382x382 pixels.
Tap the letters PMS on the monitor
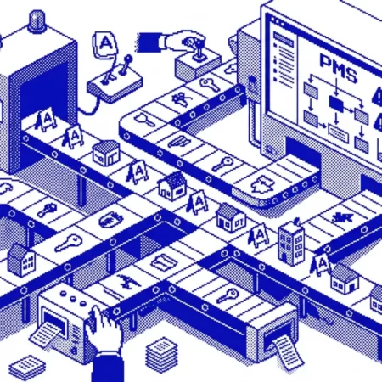pyautogui.click(x=339, y=68)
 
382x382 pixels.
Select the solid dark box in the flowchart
pyautogui.click(x=336, y=104)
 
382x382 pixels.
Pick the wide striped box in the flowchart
pyautogui.click(x=338, y=133)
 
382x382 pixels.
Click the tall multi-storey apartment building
pyautogui.click(x=291, y=243)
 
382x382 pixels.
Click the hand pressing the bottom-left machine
pyautogui.click(x=104, y=329)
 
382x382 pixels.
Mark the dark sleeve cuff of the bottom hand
pyautogui.click(x=108, y=367)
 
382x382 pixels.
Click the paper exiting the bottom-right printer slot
pyautogui.click(x=288, y=352)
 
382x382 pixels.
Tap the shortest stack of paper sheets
pyautogui.click(x=27, y=368)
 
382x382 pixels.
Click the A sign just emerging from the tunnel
pyautogui.click(x=45, y=120)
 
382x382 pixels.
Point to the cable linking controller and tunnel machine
pyautogui.click(x=91, y=108)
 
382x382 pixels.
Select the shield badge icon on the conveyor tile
pyautogui.click(x=111, y=220)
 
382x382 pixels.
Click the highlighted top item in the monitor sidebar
pyautogui.click(x=284, y=40)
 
